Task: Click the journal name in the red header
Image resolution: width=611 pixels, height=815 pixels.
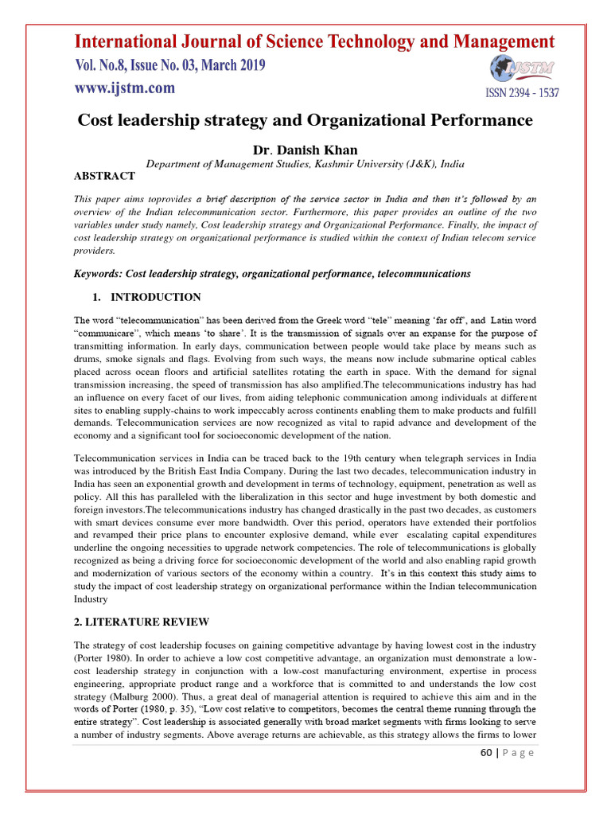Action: pos(314,41)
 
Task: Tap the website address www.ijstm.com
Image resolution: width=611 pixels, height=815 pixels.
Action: pos(125,89)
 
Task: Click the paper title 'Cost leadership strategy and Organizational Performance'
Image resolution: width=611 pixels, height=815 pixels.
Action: pos(304,120)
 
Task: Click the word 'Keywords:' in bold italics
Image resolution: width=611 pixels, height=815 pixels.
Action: pos(99,273)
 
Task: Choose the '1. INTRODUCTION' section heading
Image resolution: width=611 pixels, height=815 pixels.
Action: pos(148,297)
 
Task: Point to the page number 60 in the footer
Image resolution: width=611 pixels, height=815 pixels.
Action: pos(487,753)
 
